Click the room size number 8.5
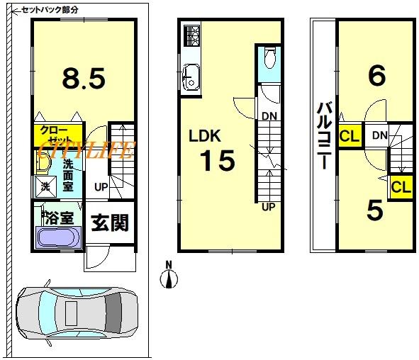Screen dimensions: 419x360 pos(84,78)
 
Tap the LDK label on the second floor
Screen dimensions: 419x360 pos(205,135)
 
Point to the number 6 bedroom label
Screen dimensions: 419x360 pos(376,76)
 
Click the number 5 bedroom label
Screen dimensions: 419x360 pos(375,210)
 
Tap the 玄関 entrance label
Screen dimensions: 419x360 pos(110,223)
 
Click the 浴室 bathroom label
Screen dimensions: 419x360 pos(60,218)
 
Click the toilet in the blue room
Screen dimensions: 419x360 pos(269,57)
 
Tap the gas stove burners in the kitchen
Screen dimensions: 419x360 pos(192,36)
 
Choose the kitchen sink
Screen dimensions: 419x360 pos(191,79)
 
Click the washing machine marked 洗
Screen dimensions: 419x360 pos(46,186)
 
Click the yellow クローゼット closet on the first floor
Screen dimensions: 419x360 pos(57,135)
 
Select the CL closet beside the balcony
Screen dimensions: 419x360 pos(350,135)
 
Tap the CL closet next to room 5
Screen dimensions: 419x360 pos(401,187)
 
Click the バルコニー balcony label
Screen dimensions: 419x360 pos(325,136)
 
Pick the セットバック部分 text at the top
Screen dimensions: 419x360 pos(50,10)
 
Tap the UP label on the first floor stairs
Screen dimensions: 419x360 pos(101,187)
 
